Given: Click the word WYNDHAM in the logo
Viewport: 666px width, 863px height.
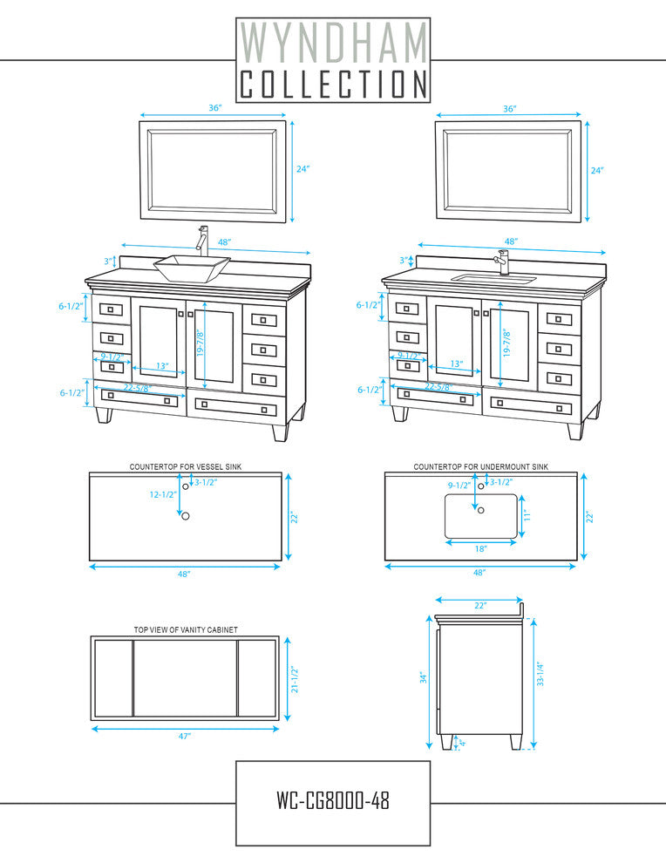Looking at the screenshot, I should [x=333, y=41].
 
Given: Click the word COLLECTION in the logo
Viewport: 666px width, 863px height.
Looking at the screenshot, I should [x=333, y=85].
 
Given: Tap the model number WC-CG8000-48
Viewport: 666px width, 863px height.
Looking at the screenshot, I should [x=333, y=799].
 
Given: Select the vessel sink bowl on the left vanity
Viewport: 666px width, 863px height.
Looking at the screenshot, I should [x=192, y=265].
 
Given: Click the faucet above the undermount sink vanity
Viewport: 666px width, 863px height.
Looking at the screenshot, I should [x=503, y=261].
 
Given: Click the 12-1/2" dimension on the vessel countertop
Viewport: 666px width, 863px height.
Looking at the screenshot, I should [x=163, y=494].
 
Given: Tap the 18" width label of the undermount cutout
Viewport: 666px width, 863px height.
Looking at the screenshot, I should [x=481, y=549].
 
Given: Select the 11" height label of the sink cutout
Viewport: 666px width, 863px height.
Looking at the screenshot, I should [x=527, y=516].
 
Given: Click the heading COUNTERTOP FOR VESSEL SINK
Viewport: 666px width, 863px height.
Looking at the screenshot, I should [x=186, y=467].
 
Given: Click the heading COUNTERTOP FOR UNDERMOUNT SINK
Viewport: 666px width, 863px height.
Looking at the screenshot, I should [x=480, y=467].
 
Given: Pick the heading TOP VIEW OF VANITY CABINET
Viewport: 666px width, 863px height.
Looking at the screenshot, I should [x=186, y=629].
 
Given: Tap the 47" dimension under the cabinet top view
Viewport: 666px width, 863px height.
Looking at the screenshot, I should [x=185, y=737].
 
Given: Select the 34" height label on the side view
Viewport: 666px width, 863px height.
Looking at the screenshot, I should [x=422, y=677].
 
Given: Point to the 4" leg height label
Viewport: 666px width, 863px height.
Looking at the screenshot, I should [x=462, y=743].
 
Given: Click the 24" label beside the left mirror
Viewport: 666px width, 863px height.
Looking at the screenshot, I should [x=302, y=169].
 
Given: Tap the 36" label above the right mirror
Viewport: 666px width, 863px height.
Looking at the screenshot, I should [x=510, y=109].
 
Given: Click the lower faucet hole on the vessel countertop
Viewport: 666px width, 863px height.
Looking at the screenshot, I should [x=185, y=516].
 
